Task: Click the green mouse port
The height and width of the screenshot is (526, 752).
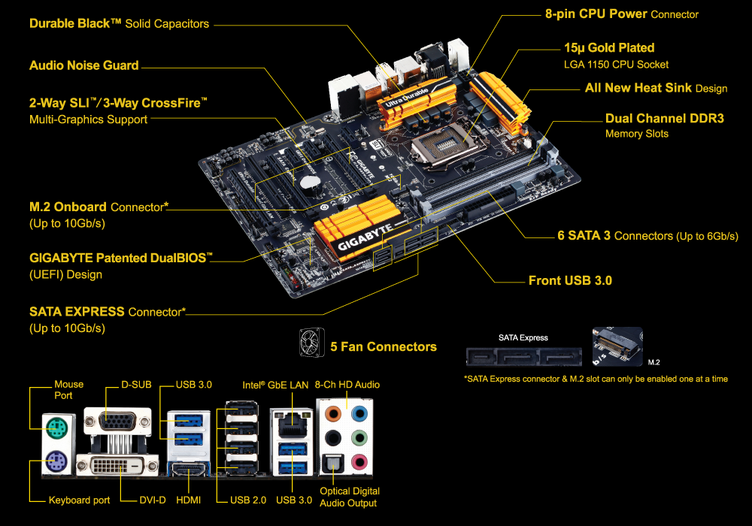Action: click(x=58, y=428)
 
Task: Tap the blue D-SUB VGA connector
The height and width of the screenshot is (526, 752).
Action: click(x=117, y=422)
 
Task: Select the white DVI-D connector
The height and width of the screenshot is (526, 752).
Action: click(x=117, y=465)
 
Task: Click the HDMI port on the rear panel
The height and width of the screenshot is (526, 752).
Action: click(x=189, y=470)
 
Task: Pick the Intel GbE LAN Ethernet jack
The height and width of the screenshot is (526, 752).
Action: click(x=293, y=425)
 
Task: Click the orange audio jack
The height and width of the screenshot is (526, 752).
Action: click(x=333, y=413)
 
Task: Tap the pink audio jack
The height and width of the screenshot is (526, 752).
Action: click(x=359, y=462)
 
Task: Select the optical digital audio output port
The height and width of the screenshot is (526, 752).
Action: click(x=333, y=463)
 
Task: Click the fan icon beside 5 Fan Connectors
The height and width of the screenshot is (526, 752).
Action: click(x=312, y=342)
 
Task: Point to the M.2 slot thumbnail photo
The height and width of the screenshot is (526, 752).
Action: click(x=617, y=346)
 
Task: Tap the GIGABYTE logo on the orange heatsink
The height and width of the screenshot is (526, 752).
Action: click(x=366, y=237)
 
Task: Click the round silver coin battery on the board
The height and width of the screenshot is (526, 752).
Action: click(x=309, y=182)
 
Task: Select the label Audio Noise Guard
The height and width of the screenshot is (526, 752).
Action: click(x=84, y=65)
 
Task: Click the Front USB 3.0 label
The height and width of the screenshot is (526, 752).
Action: click(x=570, y=280)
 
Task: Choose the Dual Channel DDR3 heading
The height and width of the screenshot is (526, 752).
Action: click(x=665, y=118)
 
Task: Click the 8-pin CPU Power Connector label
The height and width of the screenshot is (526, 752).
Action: click(x=622, y=14)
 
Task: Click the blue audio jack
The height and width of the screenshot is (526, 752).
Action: click(x=359, y=413)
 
